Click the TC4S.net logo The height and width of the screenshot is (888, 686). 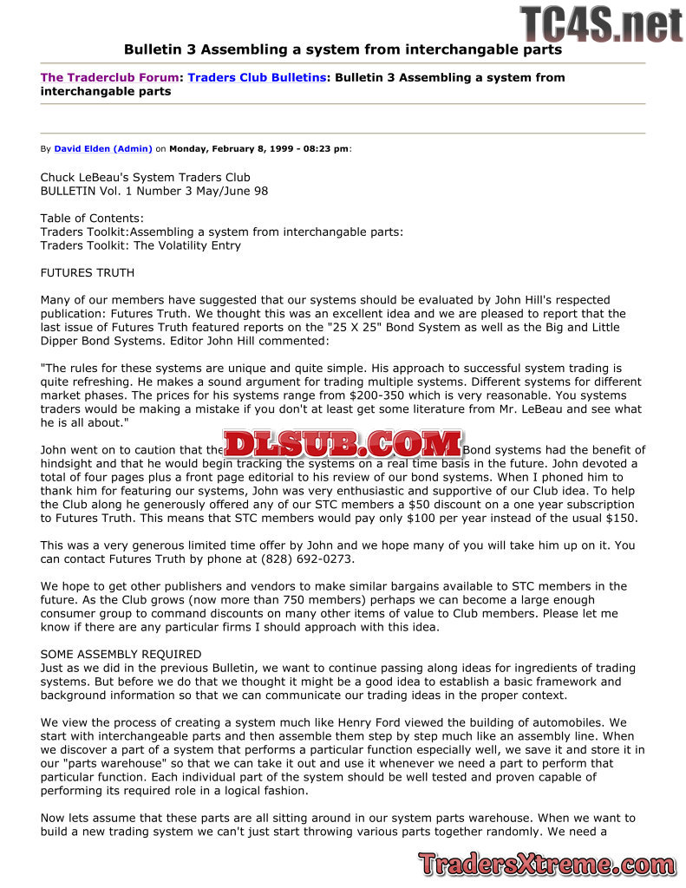[x=601, y=23]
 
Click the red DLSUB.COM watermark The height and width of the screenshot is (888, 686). [x=343, y=445]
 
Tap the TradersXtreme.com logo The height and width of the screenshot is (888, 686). [x=546, y=864]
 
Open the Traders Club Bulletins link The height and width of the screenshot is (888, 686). [x=257, y=77]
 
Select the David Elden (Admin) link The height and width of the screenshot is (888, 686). [x=103, y=148]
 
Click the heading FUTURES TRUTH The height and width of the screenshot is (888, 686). [x=88, y=273]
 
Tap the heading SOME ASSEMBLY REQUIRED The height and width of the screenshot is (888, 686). [x=121, y=654]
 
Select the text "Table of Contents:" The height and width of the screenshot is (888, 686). [x=92, y=219]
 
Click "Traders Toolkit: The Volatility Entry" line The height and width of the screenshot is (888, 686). [x=140, y=245]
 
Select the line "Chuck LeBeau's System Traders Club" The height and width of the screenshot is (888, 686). [x=145, y=178]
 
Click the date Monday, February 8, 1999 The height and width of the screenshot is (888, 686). [x=222, y=148]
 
